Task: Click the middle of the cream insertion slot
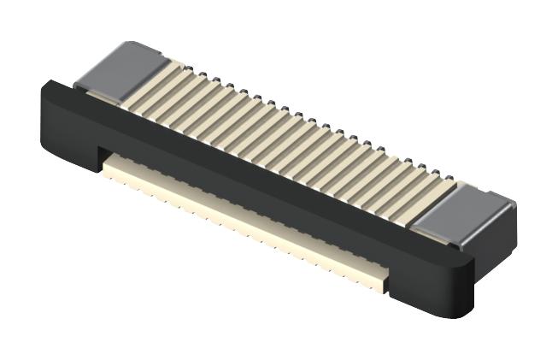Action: click(248, 218)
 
